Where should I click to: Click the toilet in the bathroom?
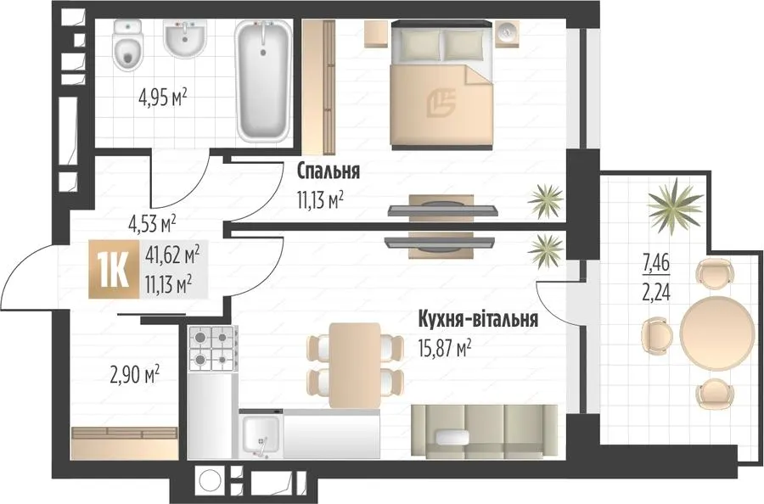pyautogui.click(x=127, y=46)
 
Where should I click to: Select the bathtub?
pyautogui.click(x=263, y=81)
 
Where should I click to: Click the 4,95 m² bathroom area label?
pyautogui.click(x=163, y=99)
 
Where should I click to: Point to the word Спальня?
pyautogui.click(x=329, y=171)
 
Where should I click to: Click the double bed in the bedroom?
pyautogui.click(x=442, y=84)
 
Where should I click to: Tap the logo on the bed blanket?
pyautogui.click(x=441, y=104)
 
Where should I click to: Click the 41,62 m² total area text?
pyautogui.click(x=172, y=255)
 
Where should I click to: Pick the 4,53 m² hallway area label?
pyautogui.click(x=152, y=225)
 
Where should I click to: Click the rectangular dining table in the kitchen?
pyautogui.click(x=355, y=365)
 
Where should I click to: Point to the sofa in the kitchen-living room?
pyautogui.click(x=484, y=432)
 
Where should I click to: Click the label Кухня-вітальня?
pyautogui.click(x=478, y=319)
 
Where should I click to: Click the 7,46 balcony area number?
pyautogui.click(x=656, y=266)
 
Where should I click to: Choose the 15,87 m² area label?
pyautogui.click(x=444, y=349)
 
